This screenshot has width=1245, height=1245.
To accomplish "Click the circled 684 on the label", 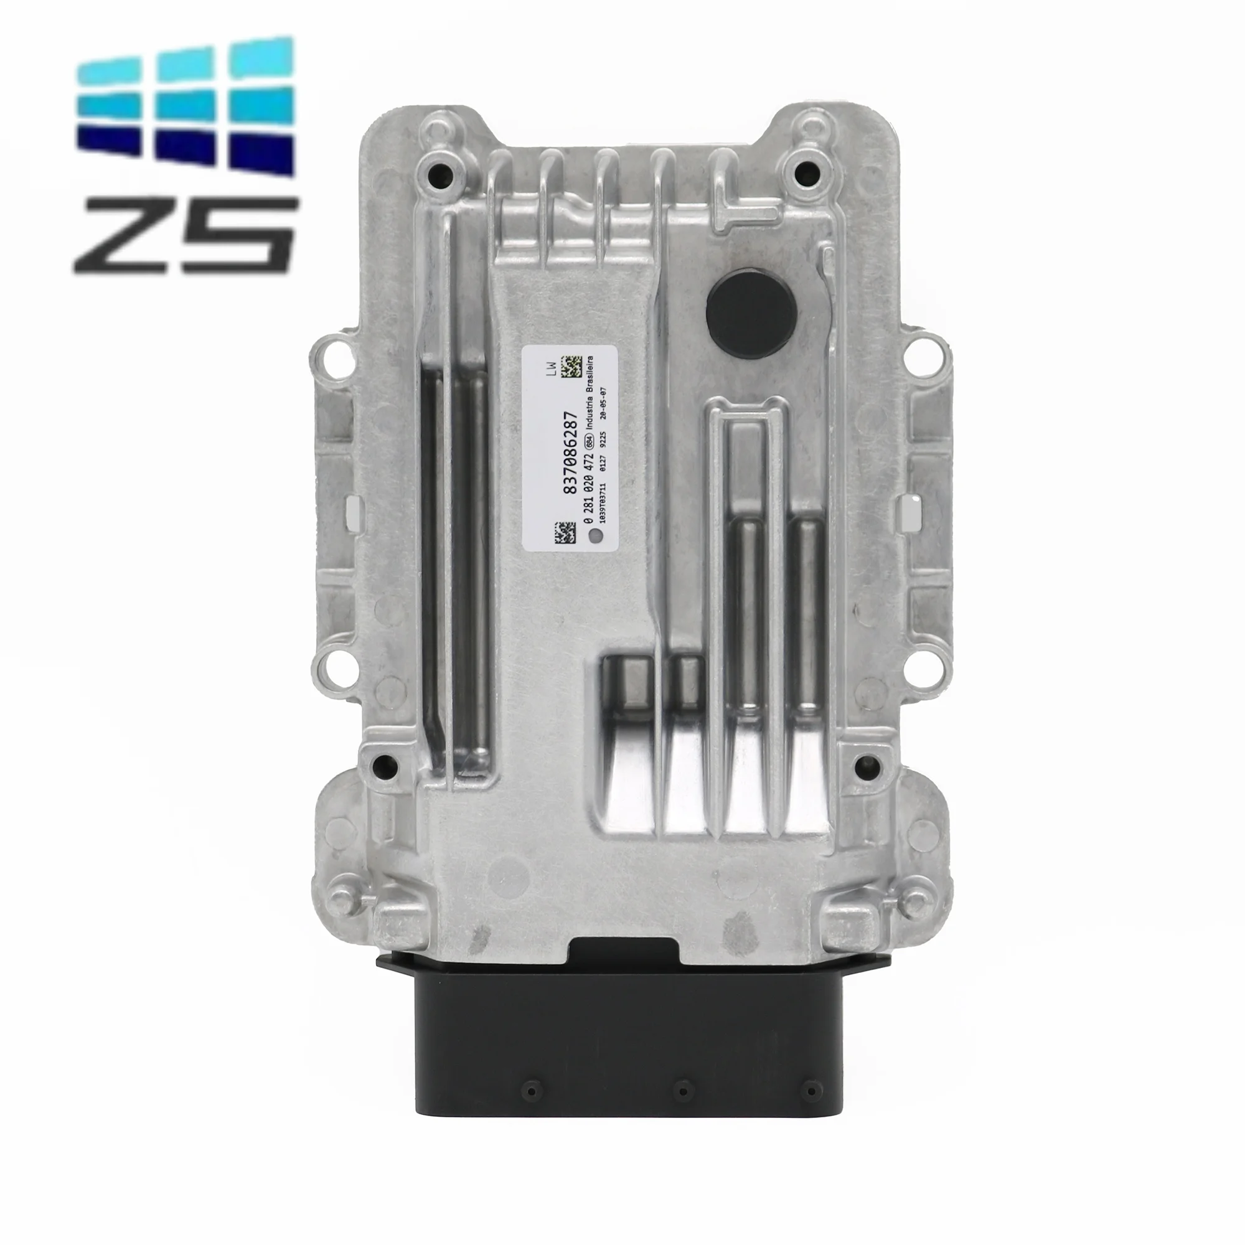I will (x=588, y=441).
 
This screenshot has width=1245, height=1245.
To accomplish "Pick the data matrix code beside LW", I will (x=571, y=367).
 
